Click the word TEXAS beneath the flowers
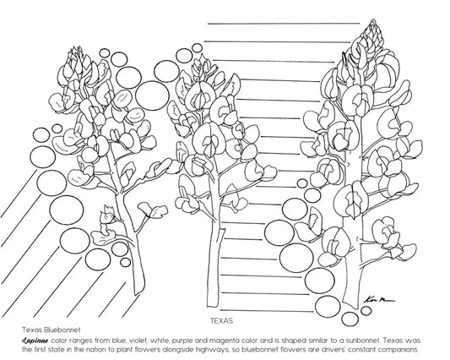tap(221, 320)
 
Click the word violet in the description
tap(137, 341)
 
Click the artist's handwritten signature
tap(379, 300)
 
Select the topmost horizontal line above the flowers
tap(284, 24)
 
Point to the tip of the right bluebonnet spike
tap(373, 19)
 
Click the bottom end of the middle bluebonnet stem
tap(213, 306)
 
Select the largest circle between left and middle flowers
tap(152, 95)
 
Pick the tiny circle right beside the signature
tap(366, 311)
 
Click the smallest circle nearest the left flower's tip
tap(105, 53)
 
